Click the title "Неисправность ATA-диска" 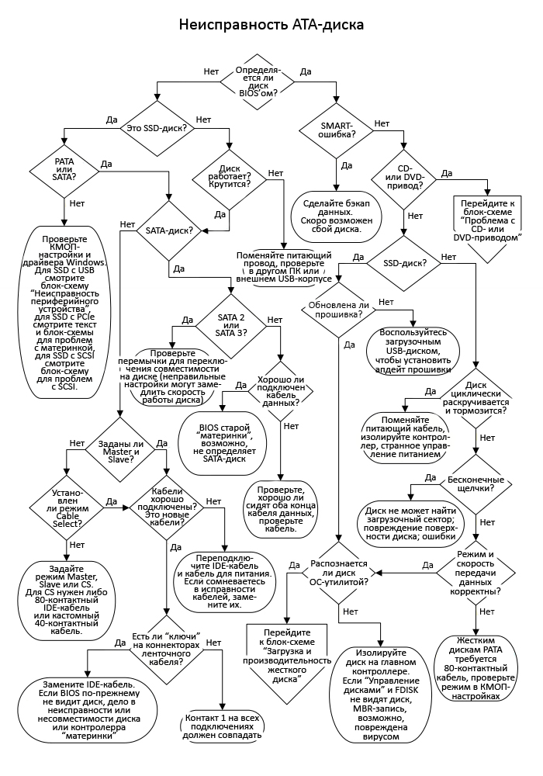click(271, 25)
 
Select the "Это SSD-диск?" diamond click(156, 126)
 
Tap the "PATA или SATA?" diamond click(64, 170)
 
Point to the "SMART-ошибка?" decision click(337, 129)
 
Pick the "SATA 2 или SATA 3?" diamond click(230, 323)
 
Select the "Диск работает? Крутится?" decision click(230, 178)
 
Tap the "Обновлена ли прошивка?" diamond click(338, 310)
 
